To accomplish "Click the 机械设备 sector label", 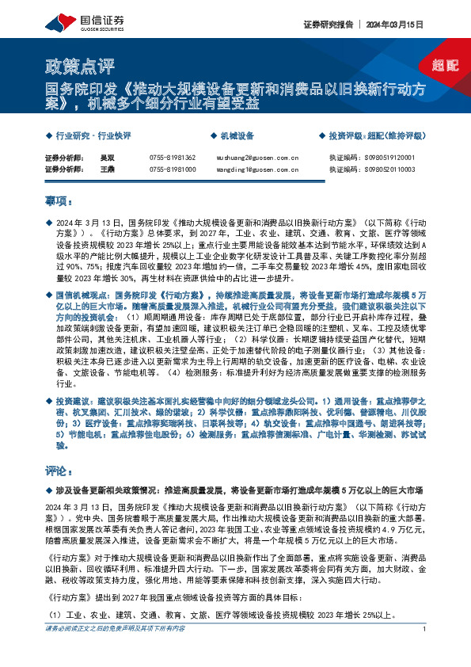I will (x=237, y=135).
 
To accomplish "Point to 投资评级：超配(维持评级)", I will (x=375, y=135).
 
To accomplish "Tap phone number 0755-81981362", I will (x=172, y=158).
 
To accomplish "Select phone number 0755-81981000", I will (x=172, y=170).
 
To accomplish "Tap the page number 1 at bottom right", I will (x=425, y=650).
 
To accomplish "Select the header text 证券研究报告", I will (x=326, y=24).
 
